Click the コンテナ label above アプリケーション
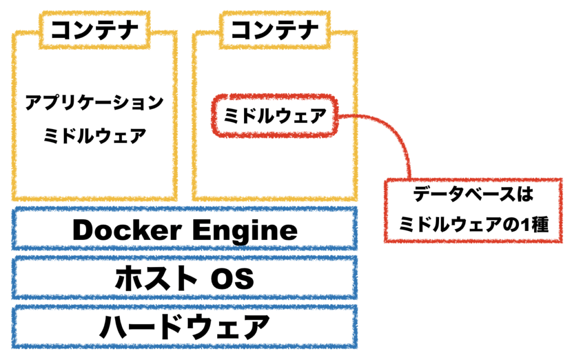point(94,29)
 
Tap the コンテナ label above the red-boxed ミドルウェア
point(274,29)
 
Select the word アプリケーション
point(94,103)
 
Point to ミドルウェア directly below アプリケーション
point(94,135)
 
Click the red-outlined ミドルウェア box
point(274,117)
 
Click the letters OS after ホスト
point(231,278)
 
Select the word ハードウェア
point(184,326)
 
